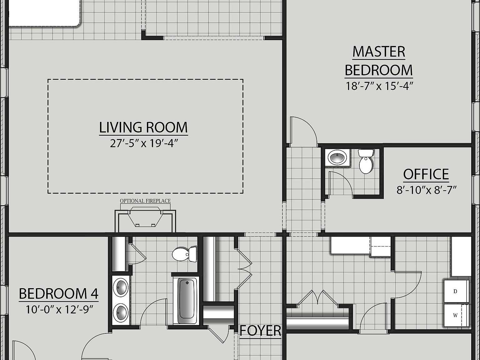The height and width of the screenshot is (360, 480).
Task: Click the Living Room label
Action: click(x=143, y=127)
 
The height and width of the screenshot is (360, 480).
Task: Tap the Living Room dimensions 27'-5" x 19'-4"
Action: click(x=144, y=143)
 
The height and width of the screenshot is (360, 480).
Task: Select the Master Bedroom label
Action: click(x=379, y=61)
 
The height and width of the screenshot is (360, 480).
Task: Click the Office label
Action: click(x=426, y=174)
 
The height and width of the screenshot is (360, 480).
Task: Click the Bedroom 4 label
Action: click(x=59, y=294)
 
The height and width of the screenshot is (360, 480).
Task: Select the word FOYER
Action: click(x=260, y=331)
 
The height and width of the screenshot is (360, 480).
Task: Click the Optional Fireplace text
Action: click(x=145, y=201)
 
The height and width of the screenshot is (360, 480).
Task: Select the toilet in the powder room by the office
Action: click(x=365, y=161)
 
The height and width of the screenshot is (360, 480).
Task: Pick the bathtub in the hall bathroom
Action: click(x=187, y=301)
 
